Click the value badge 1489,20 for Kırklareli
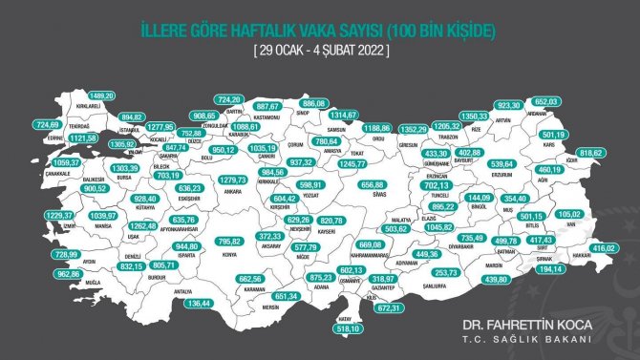coord(100,96)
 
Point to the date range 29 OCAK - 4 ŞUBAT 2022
coord(320,50)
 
